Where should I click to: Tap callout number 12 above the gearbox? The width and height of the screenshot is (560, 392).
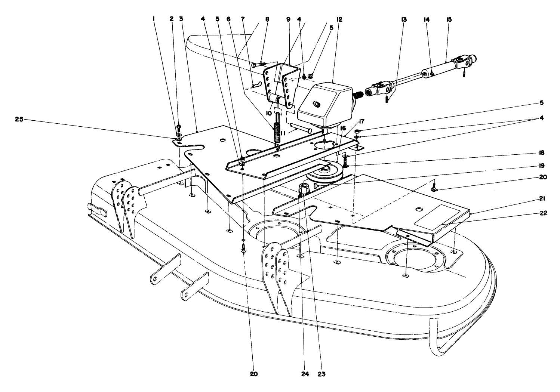pyautogui.click(x=339, y=19)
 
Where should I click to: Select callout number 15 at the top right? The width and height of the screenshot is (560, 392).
pyautogui.click(x=449, y=19)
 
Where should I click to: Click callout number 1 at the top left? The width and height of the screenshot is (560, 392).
pyautogui.click(x=153, y=19)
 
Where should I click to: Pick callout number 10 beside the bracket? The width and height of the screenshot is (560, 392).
pyautogui.click(x=268, y=113)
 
